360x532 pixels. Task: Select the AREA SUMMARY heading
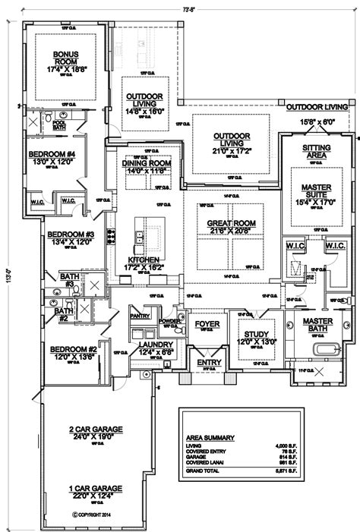210,438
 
